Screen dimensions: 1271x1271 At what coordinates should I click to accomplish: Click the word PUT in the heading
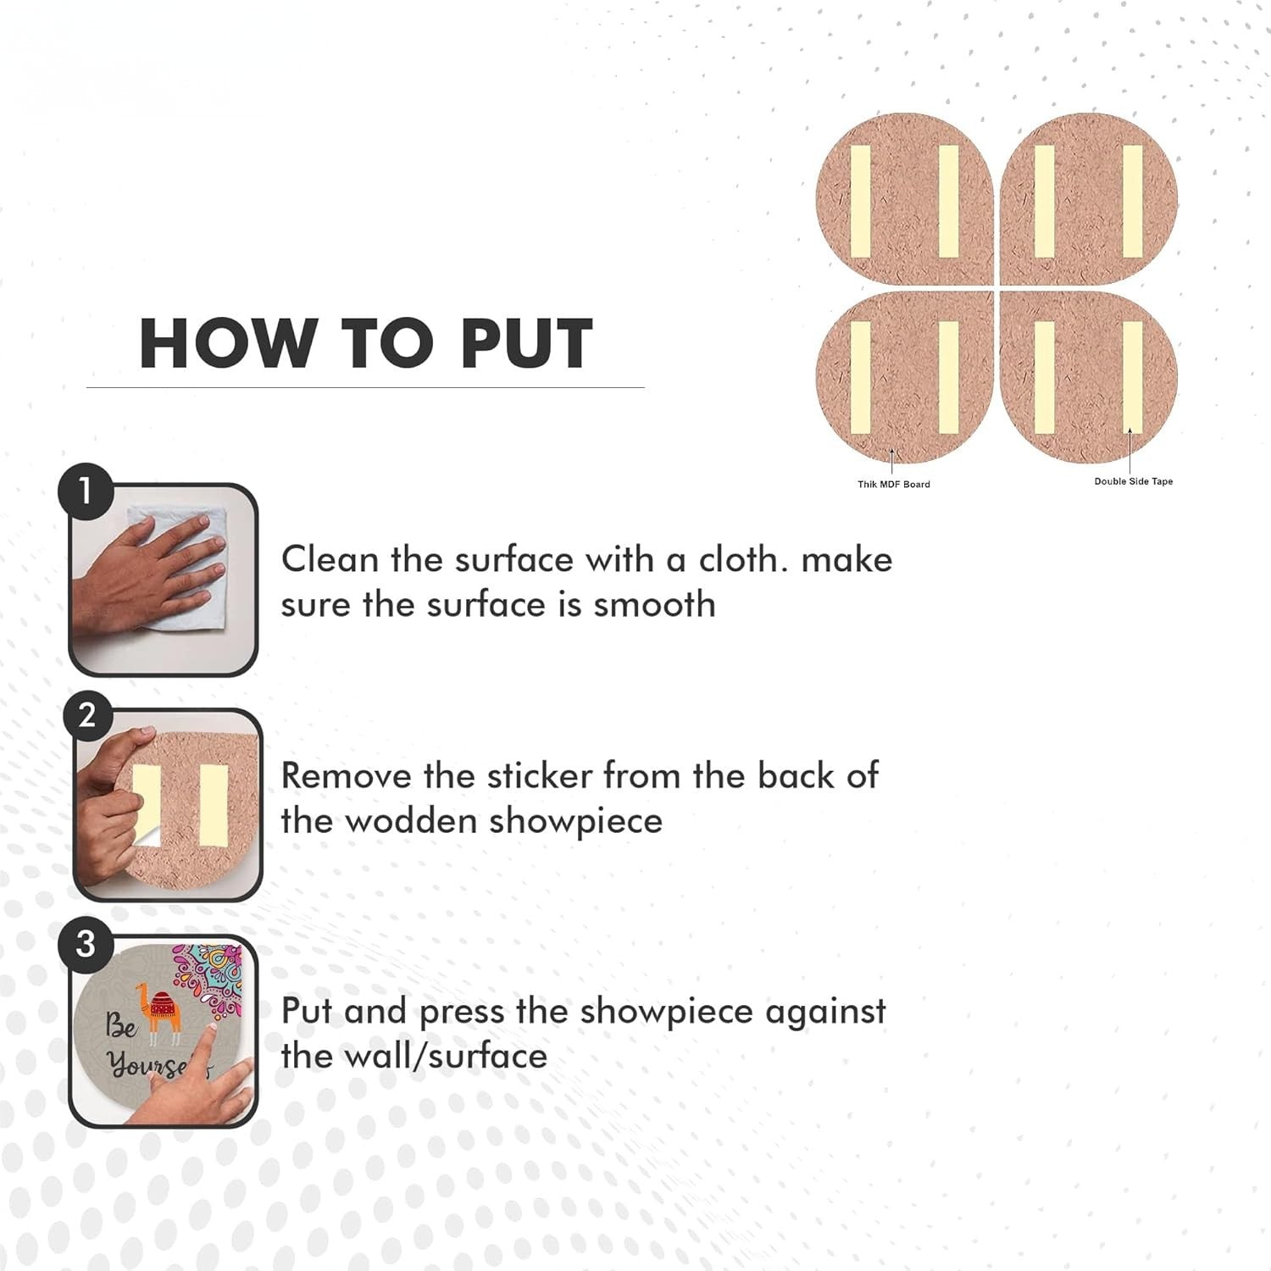[526, 343]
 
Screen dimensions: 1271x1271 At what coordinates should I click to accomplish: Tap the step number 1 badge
[86, 491]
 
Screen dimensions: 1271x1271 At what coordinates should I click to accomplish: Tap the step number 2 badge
[87, 716]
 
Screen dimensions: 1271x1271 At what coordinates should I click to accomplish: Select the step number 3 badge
[86, 943]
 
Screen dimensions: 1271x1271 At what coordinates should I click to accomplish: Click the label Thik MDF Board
[893, 485]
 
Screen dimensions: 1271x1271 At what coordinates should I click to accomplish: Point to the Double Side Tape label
[1133, 481]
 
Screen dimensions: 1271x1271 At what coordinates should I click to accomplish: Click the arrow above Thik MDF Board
[892, 463]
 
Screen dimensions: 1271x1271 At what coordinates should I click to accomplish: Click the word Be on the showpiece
[120, 1026]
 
